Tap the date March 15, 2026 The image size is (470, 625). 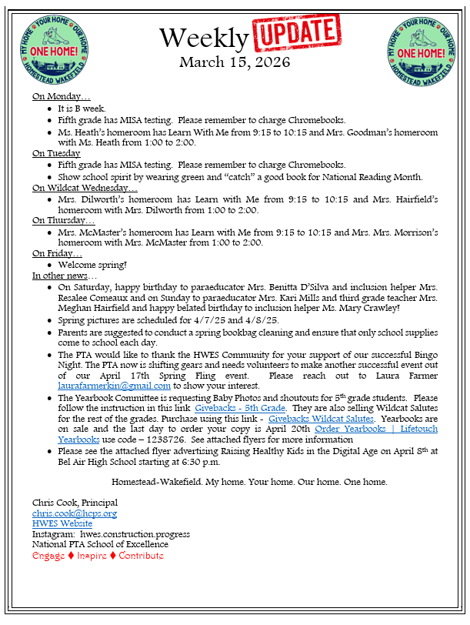(235, 62)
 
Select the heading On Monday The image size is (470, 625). (61, 97)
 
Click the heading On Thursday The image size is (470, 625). (62, 220)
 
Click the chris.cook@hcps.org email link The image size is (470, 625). (75, 513)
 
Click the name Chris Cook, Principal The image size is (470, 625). (75, 503)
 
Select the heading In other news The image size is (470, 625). (65, 276)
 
